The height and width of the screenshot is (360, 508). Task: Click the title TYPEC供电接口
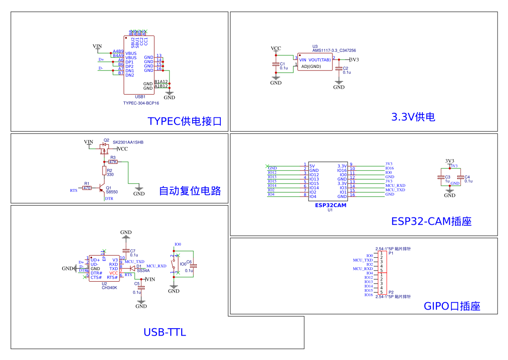pyautogui.click(x=185, y=121)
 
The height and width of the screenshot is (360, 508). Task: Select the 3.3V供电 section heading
pyautogui.click(x=413, y=117)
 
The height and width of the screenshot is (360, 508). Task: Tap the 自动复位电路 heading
pyautogui.click(x=190, y=190)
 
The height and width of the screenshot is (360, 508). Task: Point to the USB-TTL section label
pyautogui.click(x=165, y=333)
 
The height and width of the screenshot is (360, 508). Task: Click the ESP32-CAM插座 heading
pyautogui.click(x=431, y=221)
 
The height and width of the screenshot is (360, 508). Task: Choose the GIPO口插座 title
pyautogui.click(x=452, y=306)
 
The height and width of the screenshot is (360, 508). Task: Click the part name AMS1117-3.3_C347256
pyautogui.click(x=334, y=50)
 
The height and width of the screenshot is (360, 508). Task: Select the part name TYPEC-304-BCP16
pyautogui.click(x=141, y=103)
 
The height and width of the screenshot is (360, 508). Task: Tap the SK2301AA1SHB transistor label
pyautogui.click(x=128, y=142)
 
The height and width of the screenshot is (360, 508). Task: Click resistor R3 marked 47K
pyautogui.click(x=113, y=162)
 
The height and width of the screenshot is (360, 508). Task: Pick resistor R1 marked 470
pyautogui.click(x=87, y=188)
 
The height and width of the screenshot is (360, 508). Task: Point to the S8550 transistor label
pyautogui.click(x=112, y=192)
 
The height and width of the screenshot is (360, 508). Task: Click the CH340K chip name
pyautogui.click(x=109, y=287)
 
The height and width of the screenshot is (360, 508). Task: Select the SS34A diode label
pyautogui.click(x=143, y=270)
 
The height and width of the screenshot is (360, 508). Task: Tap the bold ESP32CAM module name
pyautogui.click(x=330, y=205)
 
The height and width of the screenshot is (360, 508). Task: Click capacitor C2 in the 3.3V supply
pyautogui.click(x=345, y=68)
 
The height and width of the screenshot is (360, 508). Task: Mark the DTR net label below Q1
pyautogui.click(x=109, y=199)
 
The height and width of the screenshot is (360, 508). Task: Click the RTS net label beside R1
pyautogui.click(x=73, y=190)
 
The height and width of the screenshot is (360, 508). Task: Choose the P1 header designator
pyautogui.click(x=391, y=252)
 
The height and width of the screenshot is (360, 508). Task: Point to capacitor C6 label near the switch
pyautogui.click(x=189, y=262)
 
